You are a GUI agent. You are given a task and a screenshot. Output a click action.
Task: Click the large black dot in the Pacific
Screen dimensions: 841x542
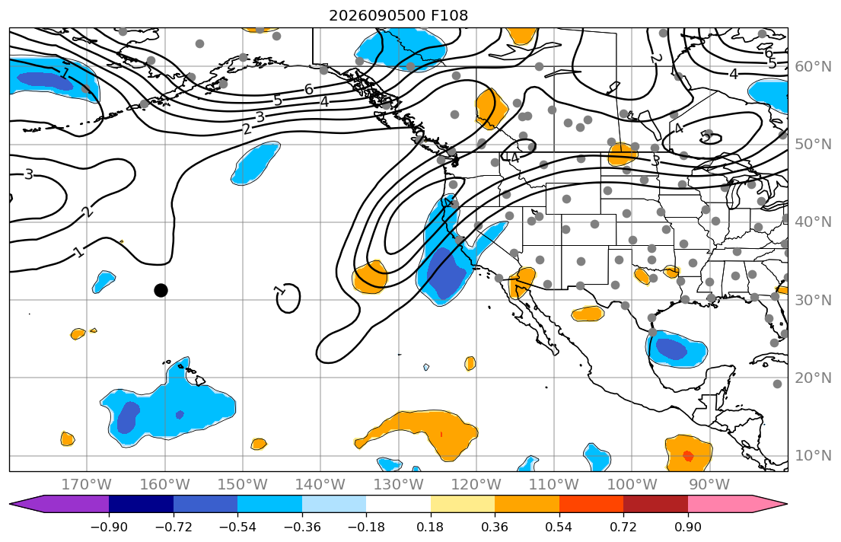tap(161, 290)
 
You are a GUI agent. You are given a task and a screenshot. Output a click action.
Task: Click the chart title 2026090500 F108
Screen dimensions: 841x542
tap(398, 15)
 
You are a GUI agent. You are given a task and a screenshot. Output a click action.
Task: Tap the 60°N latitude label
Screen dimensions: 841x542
tap(813, 66)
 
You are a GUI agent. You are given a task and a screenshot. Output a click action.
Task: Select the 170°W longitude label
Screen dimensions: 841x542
tap(87, 485)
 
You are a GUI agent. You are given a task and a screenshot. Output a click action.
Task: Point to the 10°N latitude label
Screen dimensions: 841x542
tap(813, 456)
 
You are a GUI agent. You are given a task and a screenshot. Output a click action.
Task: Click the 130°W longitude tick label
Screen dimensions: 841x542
tap(399, 485)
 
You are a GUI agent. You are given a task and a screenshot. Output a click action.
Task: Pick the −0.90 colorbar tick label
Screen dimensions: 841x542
tap(109, 527)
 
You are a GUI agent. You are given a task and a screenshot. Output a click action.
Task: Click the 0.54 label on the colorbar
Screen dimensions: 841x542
tap(559, 527)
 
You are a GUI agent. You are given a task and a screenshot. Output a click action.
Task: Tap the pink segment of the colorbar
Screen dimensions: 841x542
tap(720, 504)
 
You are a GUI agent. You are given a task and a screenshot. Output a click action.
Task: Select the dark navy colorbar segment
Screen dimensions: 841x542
tap(141, 504)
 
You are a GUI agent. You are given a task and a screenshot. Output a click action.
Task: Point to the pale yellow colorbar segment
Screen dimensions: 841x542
tap(462, 504)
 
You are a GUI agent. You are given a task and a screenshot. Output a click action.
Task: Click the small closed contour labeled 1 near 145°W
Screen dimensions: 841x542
tap(289, 298)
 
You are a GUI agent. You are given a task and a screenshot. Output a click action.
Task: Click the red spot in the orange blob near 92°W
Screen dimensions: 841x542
tap(688, 457)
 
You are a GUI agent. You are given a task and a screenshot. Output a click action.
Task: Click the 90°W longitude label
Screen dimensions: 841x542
tap(709, 485)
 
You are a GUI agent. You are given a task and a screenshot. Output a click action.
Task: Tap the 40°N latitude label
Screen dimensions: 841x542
tap(813, 222)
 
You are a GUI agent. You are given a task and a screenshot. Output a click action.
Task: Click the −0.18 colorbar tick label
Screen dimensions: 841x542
tap(366, 527)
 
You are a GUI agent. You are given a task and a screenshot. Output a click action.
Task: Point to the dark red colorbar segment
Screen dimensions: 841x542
tap(655, 504)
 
